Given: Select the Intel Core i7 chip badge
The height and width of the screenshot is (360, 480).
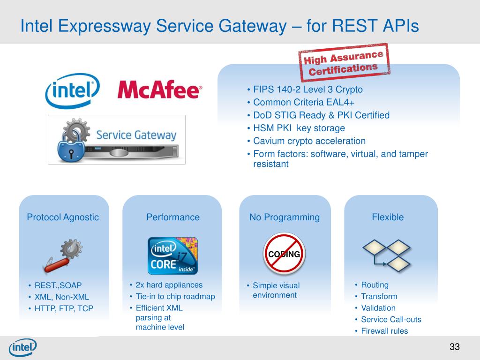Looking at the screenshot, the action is pyautogui.click(x=172, y=256).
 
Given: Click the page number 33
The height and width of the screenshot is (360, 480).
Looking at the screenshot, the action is pyautogui.click(x=455, y=347).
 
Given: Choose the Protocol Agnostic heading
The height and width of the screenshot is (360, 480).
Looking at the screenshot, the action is pyautogui.click(x=63, y=217).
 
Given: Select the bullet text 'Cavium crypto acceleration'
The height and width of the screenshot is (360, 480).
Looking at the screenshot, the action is pyautogui.click(x=309, y=141).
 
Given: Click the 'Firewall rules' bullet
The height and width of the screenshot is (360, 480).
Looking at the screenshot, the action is pyautogui.click(x=384, y=331).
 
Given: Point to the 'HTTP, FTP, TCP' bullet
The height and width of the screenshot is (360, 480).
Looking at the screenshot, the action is pyautogui.click(x=64, y=308).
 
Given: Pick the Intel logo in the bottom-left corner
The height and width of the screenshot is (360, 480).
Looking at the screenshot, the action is pyautogui.click(x=22, y=347).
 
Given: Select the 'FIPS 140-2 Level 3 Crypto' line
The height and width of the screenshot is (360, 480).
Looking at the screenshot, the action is pyautogui.click(x=308, y=90).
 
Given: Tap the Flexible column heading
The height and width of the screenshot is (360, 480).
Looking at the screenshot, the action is pyautogui.click(x=388, y=217).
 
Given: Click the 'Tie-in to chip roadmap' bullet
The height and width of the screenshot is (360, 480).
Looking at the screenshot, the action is pyautogui.click(x=175, y=296).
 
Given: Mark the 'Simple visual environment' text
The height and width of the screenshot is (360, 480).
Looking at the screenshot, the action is pyautogui.click(x=276, y=290).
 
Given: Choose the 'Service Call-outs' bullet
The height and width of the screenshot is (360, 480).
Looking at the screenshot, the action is pyautogui.click(x=391, y=320).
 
